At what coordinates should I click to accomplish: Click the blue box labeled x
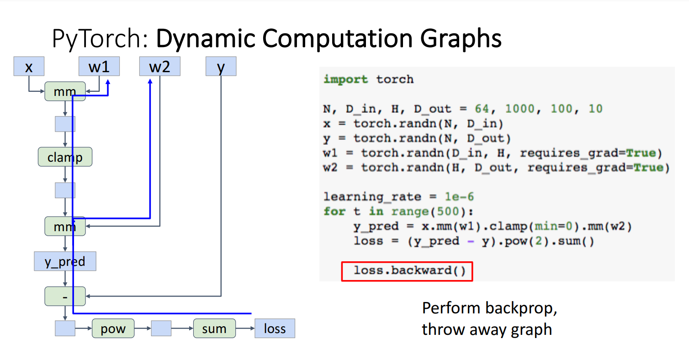coord(29,66)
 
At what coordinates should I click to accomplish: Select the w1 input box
coord(99,66)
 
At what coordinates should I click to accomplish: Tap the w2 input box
coord(159,66)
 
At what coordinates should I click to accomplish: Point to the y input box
coord(221,66)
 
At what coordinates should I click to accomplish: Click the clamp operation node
coord(65,157)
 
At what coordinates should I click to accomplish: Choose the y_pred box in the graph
coord(65,261)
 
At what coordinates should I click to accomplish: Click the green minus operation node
coord(65,296)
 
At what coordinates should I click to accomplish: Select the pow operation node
coord(113,328)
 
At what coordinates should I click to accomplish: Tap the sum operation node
coord(214,328)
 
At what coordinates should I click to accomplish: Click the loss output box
coord(275,328)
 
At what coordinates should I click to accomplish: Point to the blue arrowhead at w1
coord(108,82)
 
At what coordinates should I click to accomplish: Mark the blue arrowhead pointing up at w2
coord(150,81)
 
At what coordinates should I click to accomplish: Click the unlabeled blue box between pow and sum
coord(161,328)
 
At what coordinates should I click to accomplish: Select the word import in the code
coord(345,79)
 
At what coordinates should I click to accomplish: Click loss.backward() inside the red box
coord(410,270)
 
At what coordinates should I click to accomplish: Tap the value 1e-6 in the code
coord(459,197)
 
